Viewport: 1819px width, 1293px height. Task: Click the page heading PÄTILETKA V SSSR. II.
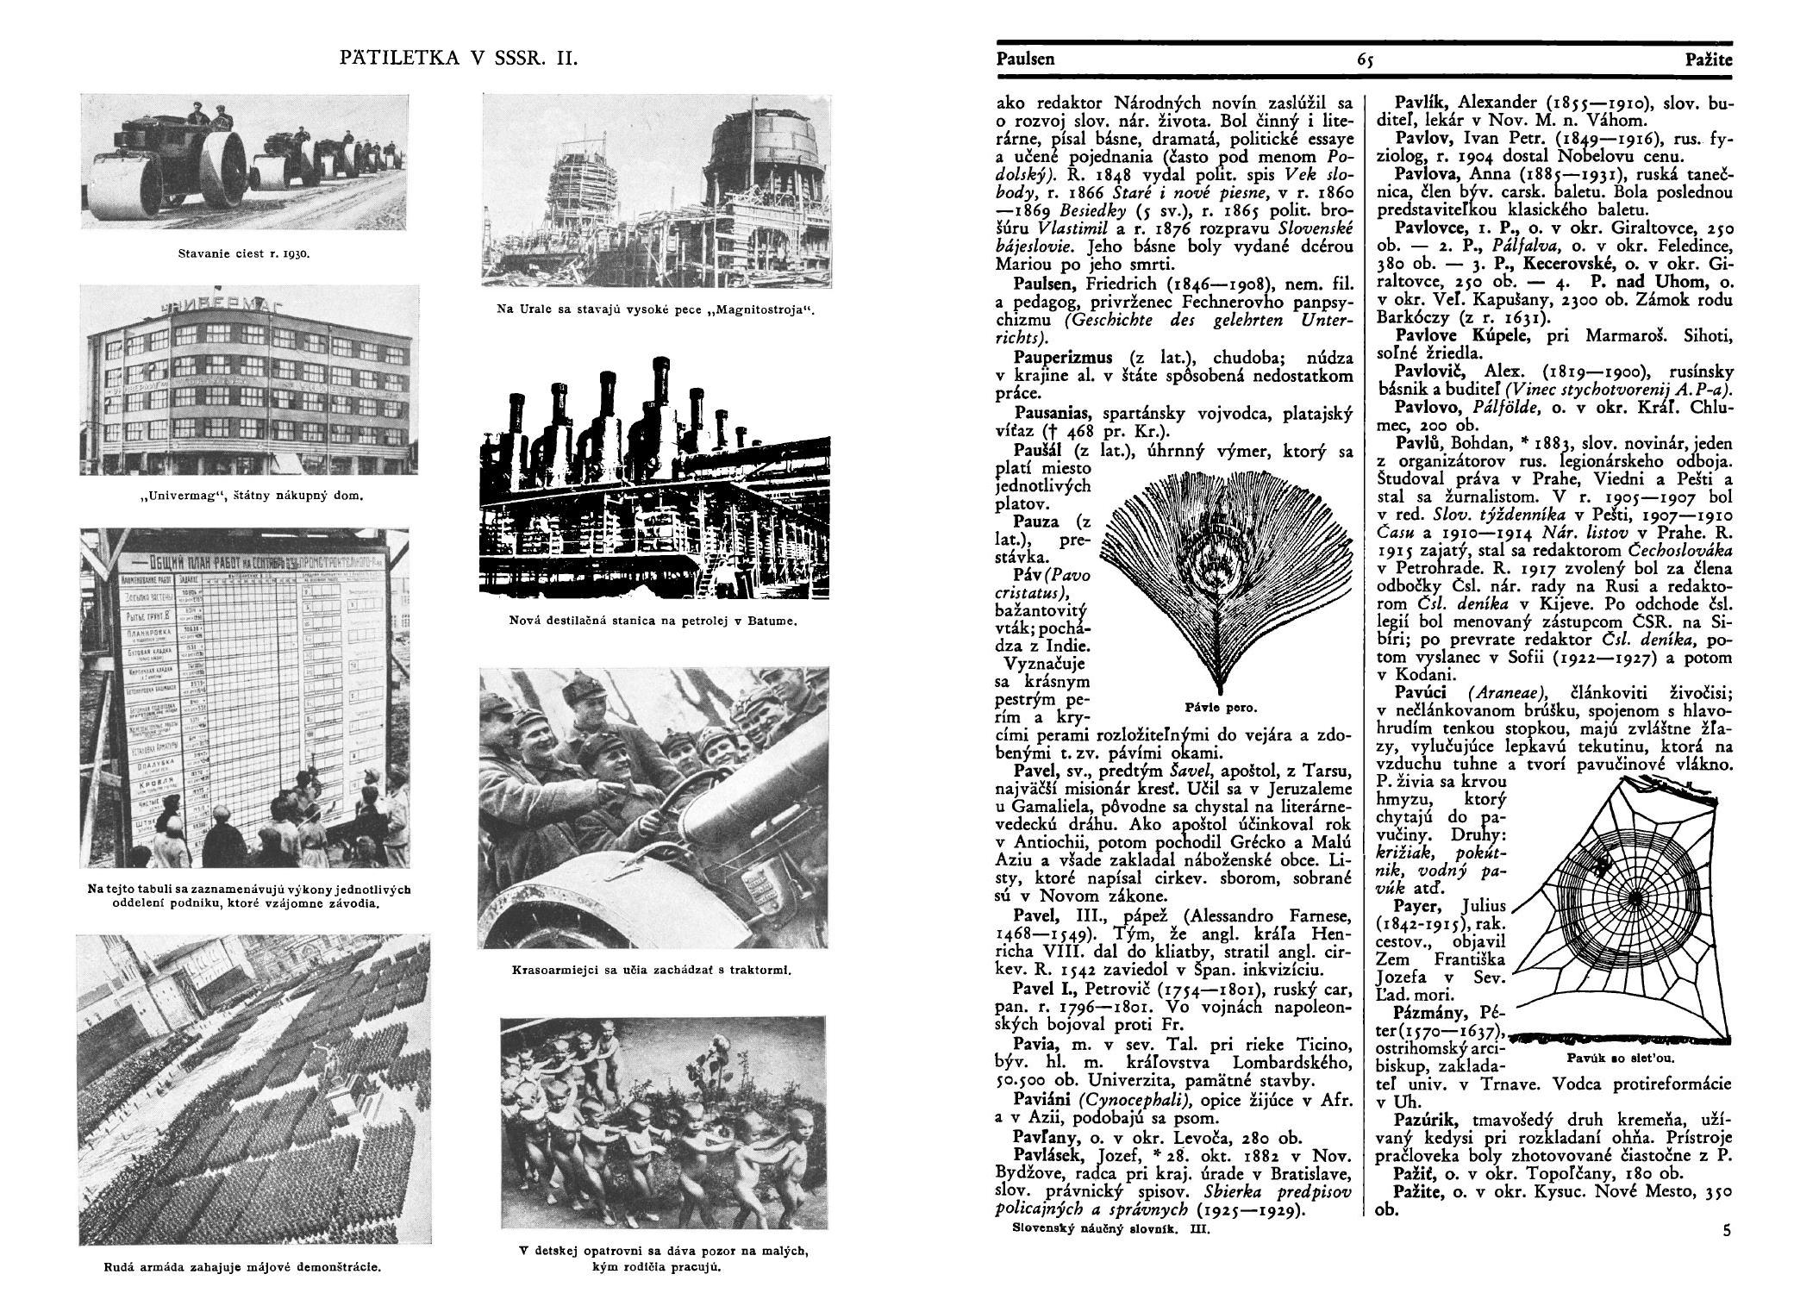click(x=458, y=59)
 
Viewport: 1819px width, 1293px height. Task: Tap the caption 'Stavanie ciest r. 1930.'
click(x=244, y=254)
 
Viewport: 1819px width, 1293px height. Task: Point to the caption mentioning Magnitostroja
click(x=655, y=309)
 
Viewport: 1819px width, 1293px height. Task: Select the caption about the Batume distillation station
click(x=653, y=621)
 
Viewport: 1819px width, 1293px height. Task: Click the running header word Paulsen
click(x=1025, y=59)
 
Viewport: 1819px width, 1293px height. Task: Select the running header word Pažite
click(x=1709, y=59)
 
